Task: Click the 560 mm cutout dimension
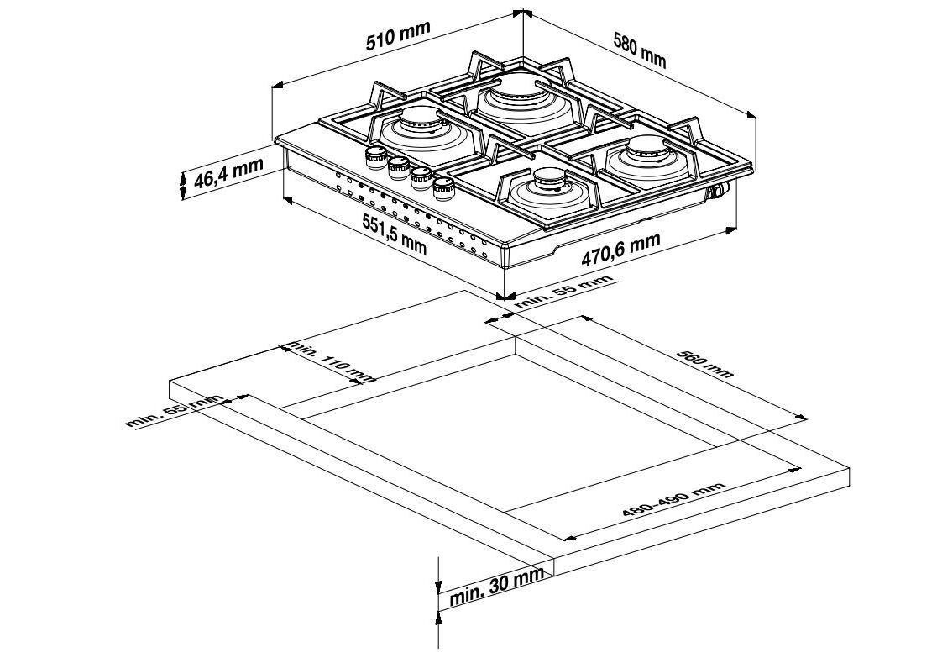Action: pos(705,363)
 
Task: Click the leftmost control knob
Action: pos(374,156)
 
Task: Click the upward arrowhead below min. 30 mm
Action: pos(438,619)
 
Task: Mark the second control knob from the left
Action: pos(397,166)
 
